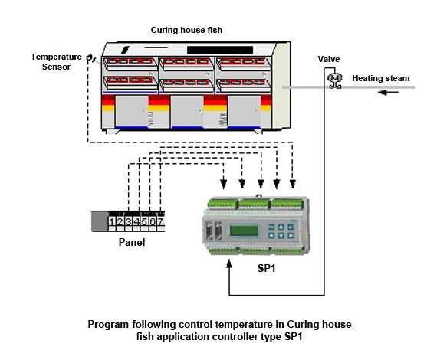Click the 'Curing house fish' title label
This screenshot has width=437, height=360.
click(x=186, y=30)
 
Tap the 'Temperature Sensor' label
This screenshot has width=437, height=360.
click(x=56, y=62)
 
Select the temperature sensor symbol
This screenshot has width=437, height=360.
click(x=90, y=58)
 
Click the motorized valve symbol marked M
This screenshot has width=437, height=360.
click(x=335, y=80)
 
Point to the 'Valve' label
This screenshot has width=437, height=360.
click(x=329, y=59)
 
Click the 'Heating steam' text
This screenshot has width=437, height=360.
click(x=381, y=78)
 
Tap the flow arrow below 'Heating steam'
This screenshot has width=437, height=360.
click(x=388, y=92)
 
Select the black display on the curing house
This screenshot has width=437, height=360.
click(x=220, y=50)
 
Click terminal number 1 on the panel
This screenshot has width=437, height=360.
click(x=112, y=221)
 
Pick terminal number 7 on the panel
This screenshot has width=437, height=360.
click(x=160, y=221)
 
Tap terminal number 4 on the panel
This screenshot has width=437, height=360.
click(x=136, y=221)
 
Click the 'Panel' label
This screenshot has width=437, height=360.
click(x=132, y=242)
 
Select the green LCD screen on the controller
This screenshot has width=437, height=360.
click(x=244, y=231)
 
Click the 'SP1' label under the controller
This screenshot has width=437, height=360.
click(x=267, y=268)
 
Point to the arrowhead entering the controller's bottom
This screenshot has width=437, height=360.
click(x=229, y=264)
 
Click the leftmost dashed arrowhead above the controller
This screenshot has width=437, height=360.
click(x=224, y=184)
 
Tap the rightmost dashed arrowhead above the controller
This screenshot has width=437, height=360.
click(x=292, y=184)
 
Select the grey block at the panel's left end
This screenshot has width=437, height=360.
click(x=100, y=221)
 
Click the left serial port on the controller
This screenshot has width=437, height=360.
click(x=210, y=231)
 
